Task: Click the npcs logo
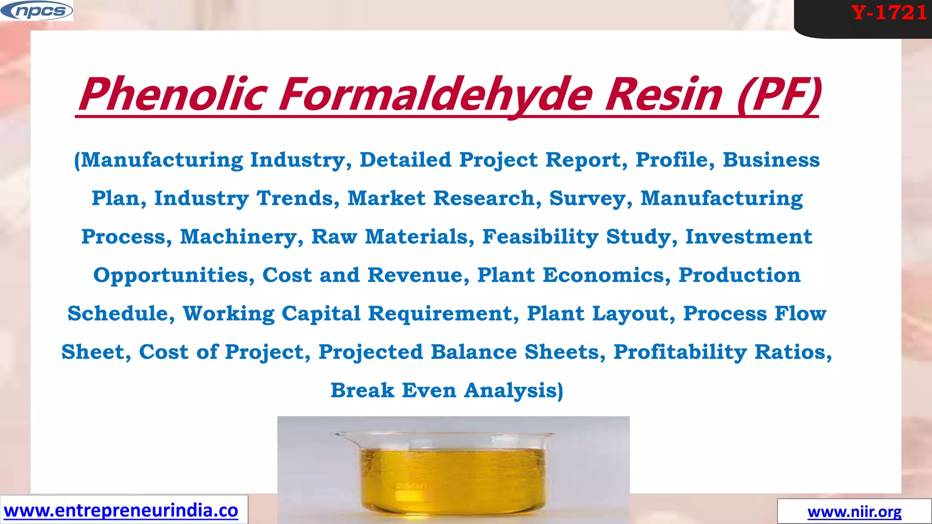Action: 37,11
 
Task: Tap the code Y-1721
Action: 889,13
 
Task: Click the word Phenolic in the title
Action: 172,95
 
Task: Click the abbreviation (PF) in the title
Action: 779,95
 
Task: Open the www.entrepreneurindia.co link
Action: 121,510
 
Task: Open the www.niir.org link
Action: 854,512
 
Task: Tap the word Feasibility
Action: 540,237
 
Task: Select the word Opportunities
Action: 174,275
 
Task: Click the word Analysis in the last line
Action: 513,391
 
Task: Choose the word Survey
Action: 591,198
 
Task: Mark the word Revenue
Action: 418,275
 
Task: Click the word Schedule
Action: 121,313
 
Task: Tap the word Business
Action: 771,160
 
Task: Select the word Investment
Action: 749,237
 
